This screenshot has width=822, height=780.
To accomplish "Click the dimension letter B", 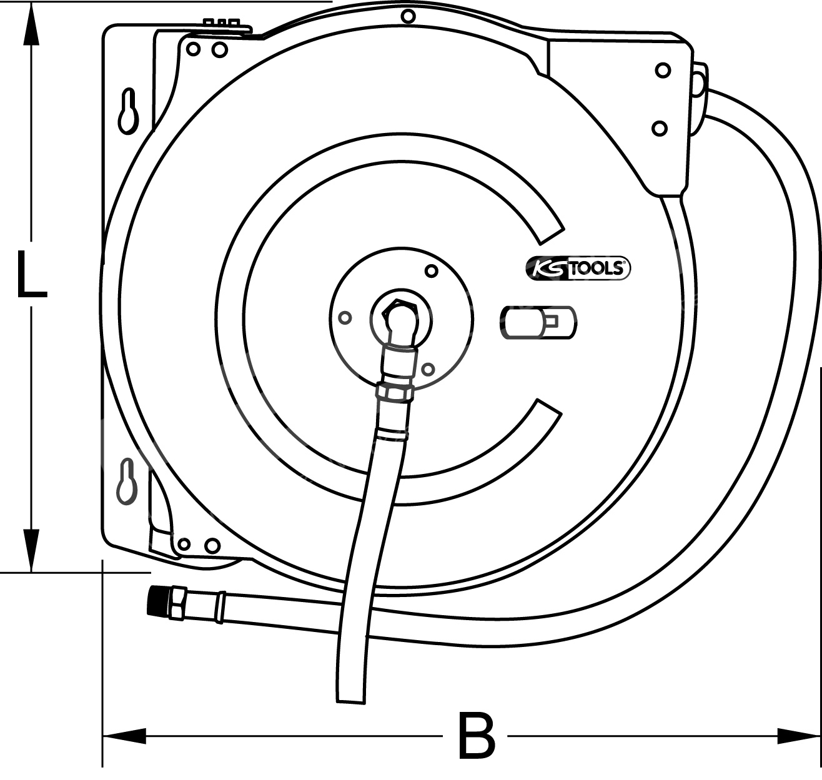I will point(476,736).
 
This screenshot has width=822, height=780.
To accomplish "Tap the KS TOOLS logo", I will point(577,268).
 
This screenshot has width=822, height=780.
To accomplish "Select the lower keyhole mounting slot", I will point(127,481).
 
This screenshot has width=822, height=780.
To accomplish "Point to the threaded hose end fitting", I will point(166,603).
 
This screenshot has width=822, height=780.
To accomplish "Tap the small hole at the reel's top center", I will point(408,16).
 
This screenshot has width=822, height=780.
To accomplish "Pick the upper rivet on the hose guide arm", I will point(663,70).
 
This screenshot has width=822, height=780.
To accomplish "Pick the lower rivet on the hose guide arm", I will point(659,129).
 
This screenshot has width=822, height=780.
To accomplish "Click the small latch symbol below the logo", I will point(539,322).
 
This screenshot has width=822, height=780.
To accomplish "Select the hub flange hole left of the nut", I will point(344,318).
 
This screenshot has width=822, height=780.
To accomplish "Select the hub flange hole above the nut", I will point(430,271).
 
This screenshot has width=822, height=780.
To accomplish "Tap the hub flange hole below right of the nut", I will point(427,370).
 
